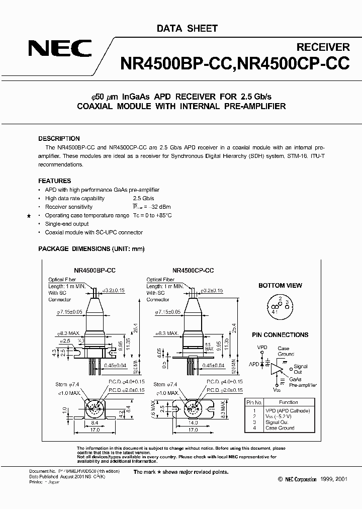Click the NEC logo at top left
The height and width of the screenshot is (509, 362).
(x=60, y=49)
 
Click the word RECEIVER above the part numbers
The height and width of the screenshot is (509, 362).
(x=323, y=47)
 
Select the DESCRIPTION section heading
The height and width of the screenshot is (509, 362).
(x=59, y=139)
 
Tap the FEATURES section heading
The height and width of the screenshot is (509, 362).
(x=54, y=181)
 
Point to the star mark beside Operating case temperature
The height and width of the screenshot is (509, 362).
(x=29, y=216)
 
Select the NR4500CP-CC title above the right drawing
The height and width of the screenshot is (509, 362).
(x=193, y=270)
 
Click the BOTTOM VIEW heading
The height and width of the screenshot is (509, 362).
(x=280, y=286)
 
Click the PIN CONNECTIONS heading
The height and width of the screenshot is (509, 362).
(x=280, y=335)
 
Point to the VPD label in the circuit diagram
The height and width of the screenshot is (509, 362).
(x=262, y=348)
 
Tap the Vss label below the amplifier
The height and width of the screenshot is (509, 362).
(x=276, y=389)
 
